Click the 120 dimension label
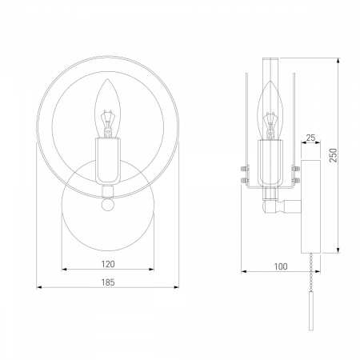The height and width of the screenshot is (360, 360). point(108,264)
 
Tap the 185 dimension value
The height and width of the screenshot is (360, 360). point(108,282)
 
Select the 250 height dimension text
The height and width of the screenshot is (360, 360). point(334,155)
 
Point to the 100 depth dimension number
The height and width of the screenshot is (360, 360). point(281,266)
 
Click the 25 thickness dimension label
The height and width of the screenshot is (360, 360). point(310,138)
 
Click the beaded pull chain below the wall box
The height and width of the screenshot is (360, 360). point(311,273)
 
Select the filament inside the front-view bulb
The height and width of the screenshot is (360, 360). point(108,123)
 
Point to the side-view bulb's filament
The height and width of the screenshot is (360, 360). point(270,126)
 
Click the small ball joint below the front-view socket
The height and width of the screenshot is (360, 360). point(108,205)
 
